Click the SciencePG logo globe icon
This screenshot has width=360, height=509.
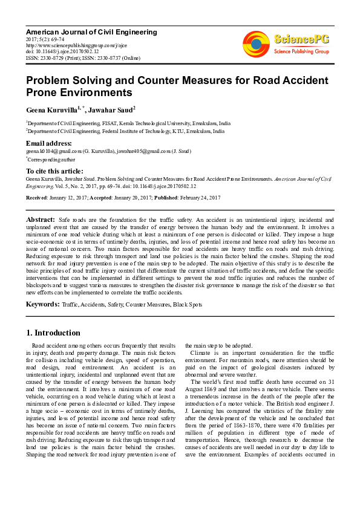click(256, 44)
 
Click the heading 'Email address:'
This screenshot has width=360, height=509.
click(49, 143)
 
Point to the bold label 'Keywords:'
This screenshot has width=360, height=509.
click(42, 304)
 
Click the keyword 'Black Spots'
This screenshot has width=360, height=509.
click(188, 305)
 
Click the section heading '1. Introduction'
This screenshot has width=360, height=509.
click(54, 332)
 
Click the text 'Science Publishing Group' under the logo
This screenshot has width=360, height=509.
click(301, 52)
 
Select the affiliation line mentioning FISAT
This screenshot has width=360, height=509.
click(128, 122)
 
